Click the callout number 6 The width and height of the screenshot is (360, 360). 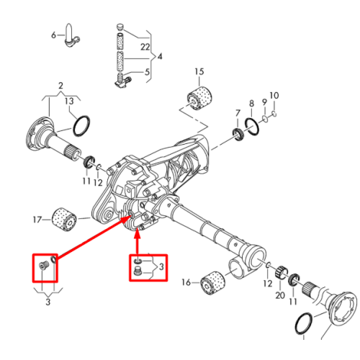53,35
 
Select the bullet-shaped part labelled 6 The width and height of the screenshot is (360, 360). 72,35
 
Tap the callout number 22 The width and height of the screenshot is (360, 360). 145,47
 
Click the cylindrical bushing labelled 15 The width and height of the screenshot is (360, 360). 199,98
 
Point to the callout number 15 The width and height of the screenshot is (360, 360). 199,71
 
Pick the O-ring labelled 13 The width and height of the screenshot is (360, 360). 81,126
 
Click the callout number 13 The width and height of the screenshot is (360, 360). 69,101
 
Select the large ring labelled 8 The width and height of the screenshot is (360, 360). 252,126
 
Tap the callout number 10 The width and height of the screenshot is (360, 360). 274,96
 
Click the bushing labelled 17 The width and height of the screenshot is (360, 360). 64,220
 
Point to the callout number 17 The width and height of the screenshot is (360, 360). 37,220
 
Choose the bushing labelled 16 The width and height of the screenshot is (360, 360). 213,283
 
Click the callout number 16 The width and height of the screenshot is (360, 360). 186,282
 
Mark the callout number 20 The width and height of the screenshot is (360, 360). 280,295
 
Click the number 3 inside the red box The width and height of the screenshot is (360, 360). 161,266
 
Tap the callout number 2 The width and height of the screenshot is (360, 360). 60,86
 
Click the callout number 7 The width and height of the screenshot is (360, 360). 238,113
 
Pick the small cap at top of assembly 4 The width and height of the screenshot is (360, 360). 120,27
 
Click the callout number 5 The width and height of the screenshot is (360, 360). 147,72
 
